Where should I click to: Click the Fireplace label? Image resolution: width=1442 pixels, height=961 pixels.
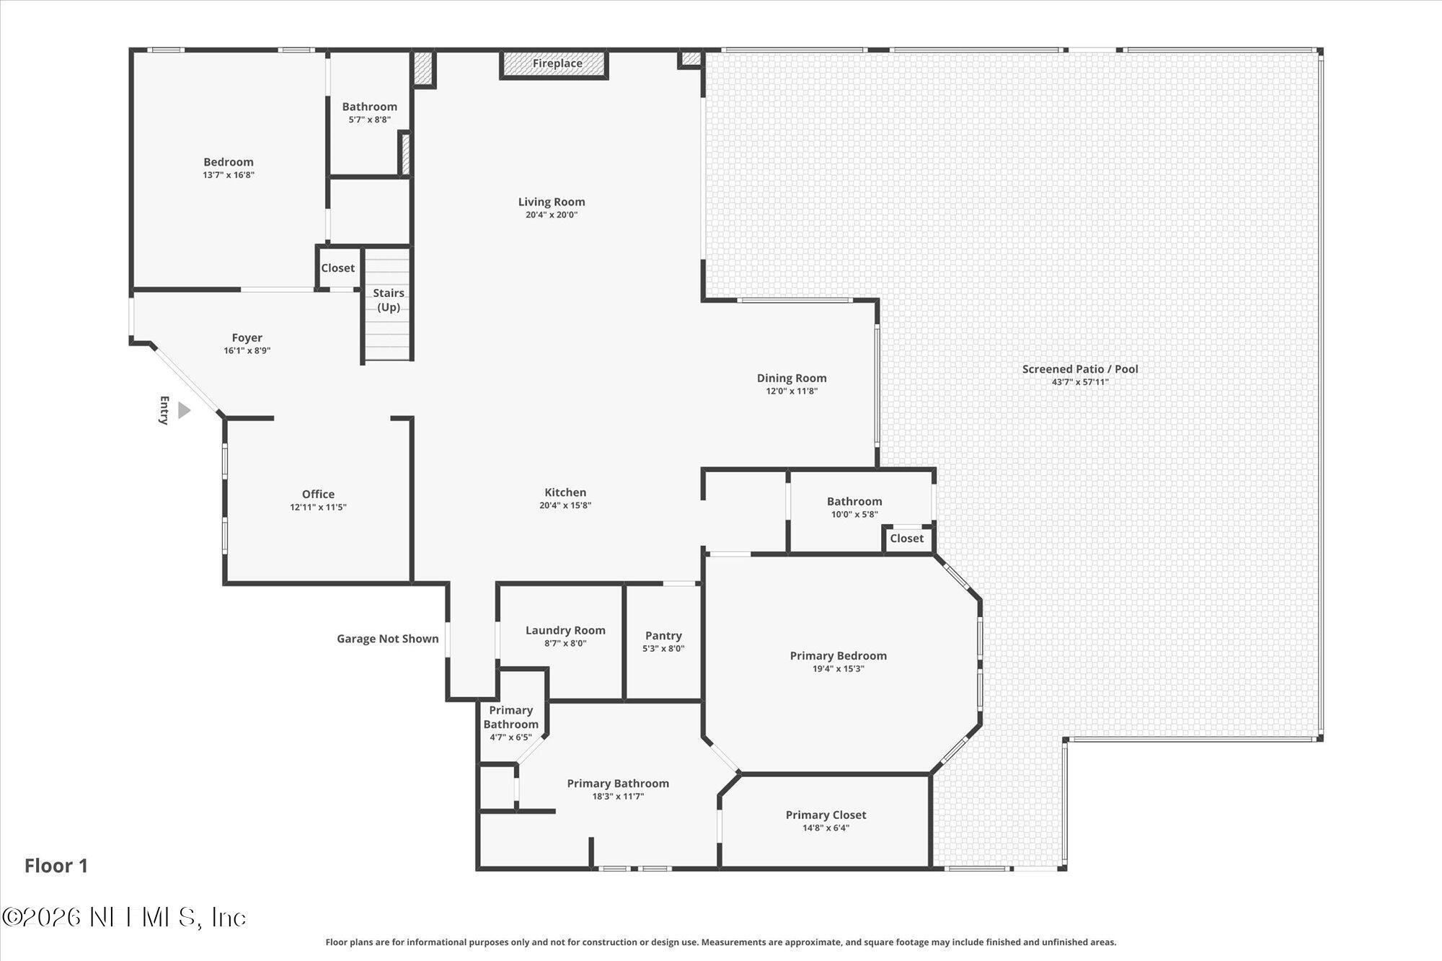click(557, 63)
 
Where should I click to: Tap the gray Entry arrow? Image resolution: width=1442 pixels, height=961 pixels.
click(184, 410)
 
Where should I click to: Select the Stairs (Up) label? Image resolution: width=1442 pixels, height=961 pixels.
click(389, 300)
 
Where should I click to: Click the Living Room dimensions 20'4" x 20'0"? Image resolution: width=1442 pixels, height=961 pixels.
click(552, 215)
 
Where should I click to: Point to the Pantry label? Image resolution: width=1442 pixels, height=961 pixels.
click(663, 635)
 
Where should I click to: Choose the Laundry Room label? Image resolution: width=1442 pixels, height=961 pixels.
click(565, 630)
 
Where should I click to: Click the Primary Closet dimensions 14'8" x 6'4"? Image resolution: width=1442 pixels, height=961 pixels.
click(826, 828)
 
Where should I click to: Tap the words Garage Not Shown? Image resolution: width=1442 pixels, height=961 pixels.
click(388, 638)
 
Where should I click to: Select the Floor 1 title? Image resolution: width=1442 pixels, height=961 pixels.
click(56, 865)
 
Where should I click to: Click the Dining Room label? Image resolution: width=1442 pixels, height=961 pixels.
click(792, 378)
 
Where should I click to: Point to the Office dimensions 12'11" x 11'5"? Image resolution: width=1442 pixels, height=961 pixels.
click(318, 507)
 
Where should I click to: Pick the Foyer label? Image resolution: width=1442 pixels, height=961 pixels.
click(247, 337)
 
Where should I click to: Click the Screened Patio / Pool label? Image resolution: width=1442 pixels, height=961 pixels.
click(1080, 369)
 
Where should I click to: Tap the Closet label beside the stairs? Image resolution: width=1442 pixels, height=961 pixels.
click(337, 267)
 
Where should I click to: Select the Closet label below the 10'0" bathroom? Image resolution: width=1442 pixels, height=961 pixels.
click(906, 538)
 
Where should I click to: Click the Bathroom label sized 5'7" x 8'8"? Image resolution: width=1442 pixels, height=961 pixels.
click(369, 107)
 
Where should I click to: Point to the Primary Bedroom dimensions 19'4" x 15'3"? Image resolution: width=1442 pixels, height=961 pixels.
click(838, 668)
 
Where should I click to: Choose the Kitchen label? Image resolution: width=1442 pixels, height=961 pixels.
click(565, 492)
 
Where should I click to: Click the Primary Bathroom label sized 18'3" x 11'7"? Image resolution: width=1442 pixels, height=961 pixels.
click(618, 783)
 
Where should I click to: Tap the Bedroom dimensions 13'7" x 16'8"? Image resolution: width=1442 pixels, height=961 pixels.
click(229, 174)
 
